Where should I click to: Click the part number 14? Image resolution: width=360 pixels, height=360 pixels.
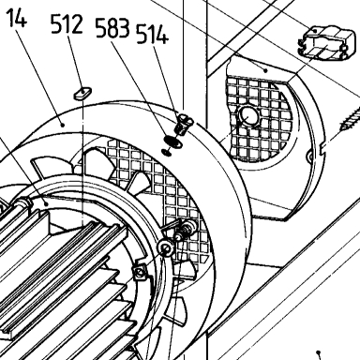(x=17, y=18)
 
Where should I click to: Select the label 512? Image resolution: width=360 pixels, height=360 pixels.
(x=67, y=24)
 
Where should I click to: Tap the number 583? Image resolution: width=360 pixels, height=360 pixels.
(x=112, y=27)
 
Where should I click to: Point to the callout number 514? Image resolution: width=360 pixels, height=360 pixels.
(x=152, y=34)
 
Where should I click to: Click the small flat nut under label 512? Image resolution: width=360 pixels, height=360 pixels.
(x=82, y=93)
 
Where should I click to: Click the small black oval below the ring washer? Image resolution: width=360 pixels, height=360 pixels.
(x=166, y=152)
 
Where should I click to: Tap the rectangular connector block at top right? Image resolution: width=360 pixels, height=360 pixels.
(x=327, y=43)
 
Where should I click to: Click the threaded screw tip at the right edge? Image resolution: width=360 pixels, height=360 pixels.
(x=350, y=120)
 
